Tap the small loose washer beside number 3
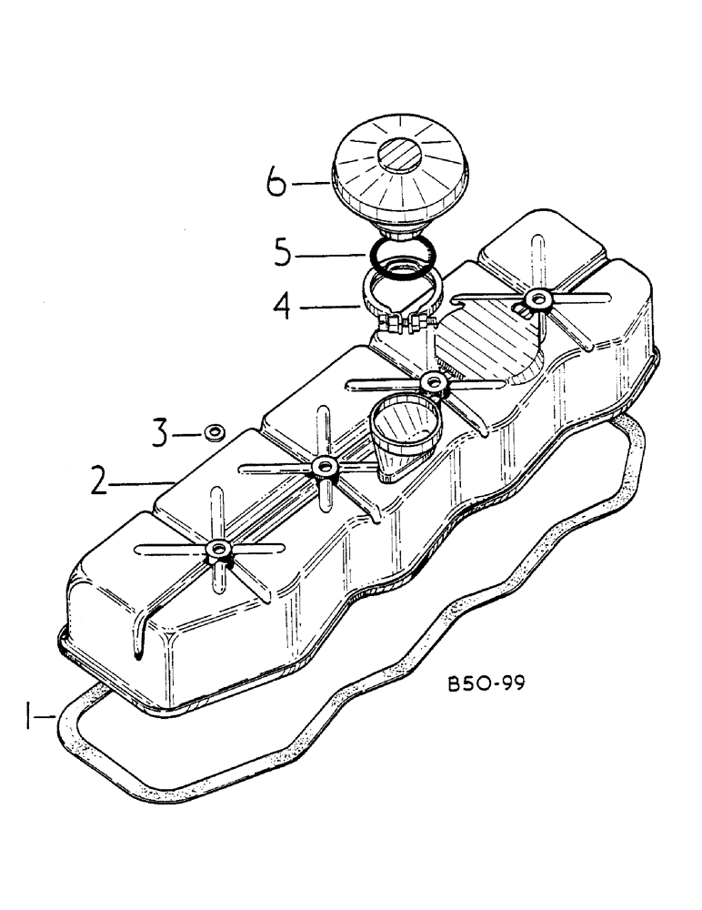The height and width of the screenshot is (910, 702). coord(216,431)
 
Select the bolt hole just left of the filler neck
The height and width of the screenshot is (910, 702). coord(322,468)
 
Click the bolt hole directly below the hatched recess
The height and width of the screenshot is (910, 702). coord(435,382)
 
